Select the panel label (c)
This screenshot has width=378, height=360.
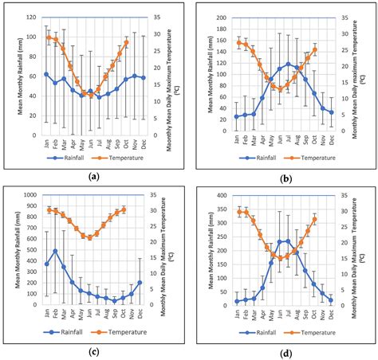95,350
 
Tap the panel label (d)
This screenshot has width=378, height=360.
284,350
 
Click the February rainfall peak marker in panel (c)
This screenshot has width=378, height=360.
55,251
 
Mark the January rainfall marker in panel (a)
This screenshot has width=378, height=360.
46,74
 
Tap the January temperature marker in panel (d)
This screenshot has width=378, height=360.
237,212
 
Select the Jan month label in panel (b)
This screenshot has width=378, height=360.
237,138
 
